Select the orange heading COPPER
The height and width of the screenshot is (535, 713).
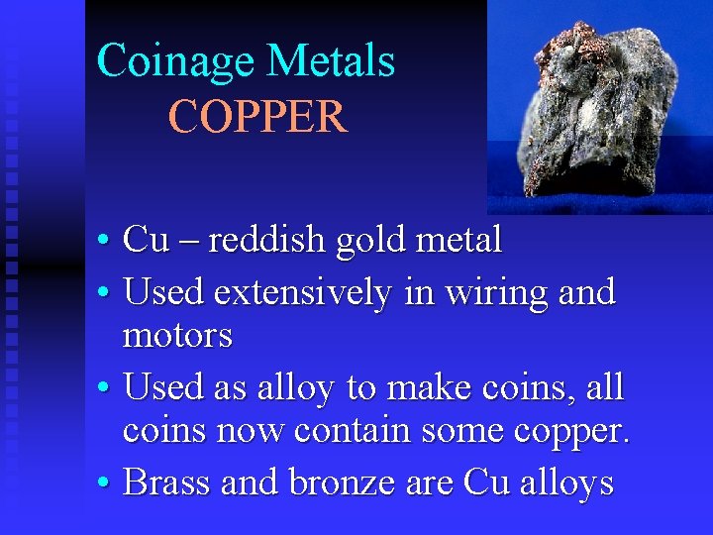coord(257,117)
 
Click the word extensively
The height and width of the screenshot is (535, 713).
coord(302,292)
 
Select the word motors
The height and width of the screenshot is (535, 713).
coord(177,336)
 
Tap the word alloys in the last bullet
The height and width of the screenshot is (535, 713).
coord(566,483)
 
